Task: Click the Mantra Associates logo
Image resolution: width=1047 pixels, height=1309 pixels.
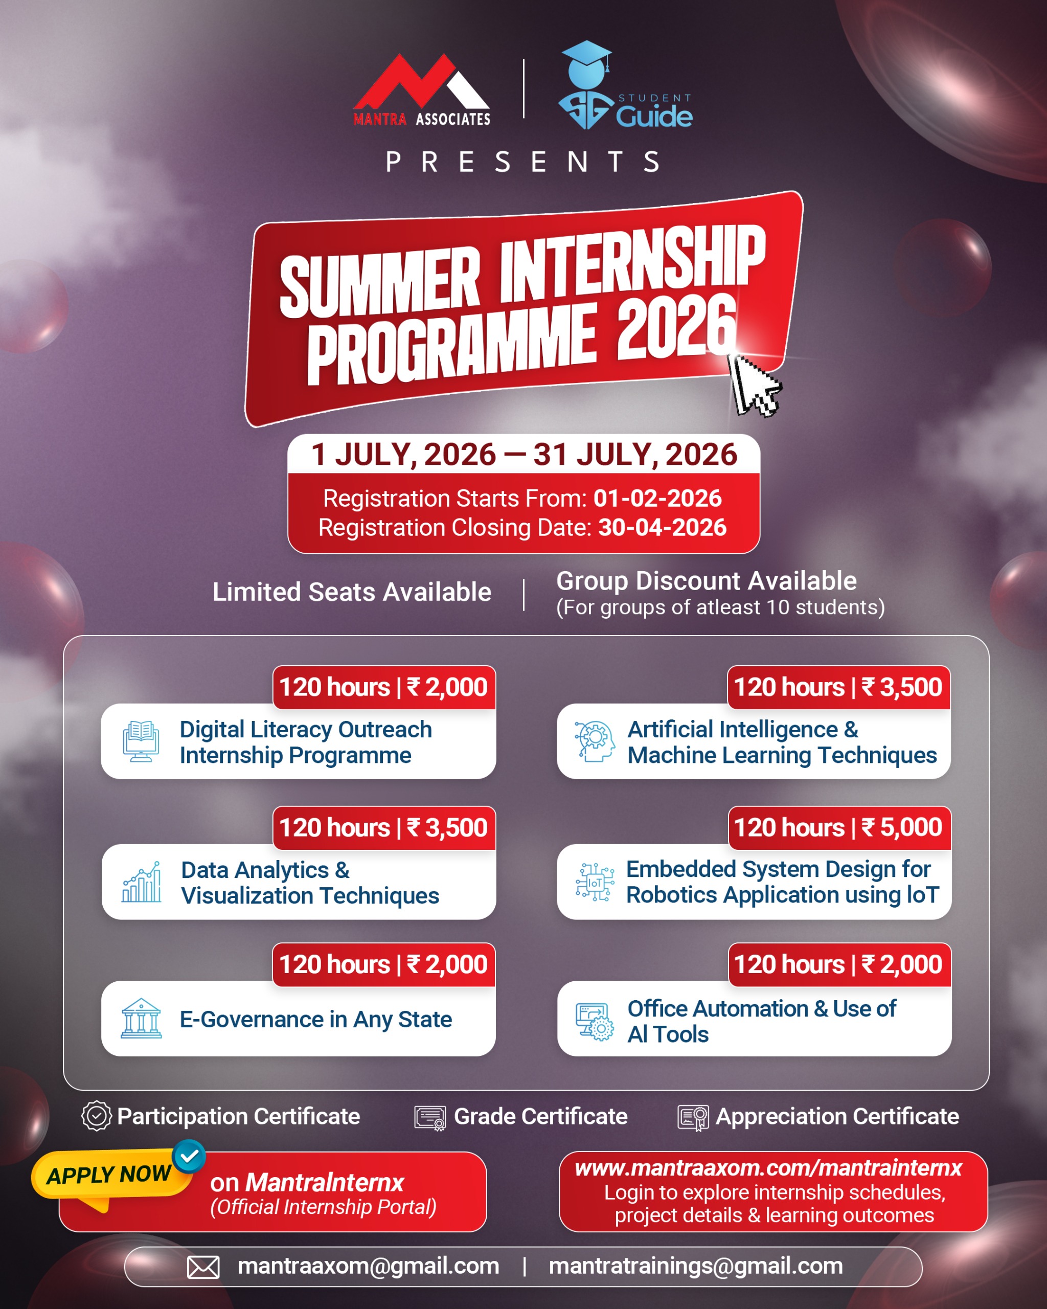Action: [421, 90]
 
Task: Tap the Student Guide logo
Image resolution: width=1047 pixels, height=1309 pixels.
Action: [625, 85]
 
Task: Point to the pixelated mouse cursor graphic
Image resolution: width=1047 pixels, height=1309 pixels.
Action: [755, 385]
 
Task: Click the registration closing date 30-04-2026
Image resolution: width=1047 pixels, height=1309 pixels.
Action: [662, 528]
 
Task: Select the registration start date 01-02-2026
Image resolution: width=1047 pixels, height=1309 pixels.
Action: [657, 499]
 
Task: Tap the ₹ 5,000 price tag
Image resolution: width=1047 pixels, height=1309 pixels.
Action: [839, 827]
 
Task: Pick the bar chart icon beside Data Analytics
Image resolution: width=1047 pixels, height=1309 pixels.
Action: [142, 882]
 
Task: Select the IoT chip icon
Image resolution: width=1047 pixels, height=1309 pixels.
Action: [595, 882]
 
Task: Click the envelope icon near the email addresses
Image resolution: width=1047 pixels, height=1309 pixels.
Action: [203, 1268]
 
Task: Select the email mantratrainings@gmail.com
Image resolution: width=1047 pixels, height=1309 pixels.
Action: [696, 1267]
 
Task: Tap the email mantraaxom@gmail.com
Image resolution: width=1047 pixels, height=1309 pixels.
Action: [369, 1267]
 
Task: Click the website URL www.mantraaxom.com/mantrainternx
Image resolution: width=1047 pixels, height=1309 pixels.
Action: [768, 1169]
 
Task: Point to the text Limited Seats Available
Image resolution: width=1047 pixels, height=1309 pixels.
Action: [352, 592]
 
